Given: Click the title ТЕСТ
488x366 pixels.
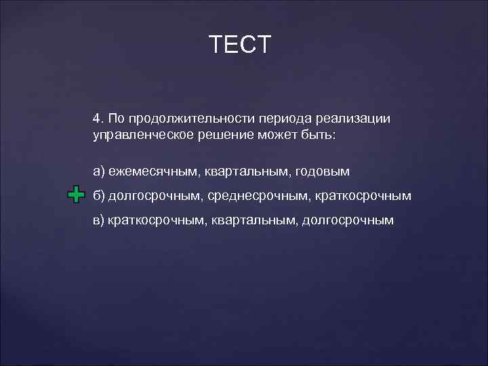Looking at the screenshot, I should coord(240,44).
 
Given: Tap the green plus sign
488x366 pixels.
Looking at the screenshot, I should coord(76,195).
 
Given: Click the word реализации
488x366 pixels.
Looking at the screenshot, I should coord(357,119).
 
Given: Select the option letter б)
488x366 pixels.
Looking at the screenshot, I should coord(98,196).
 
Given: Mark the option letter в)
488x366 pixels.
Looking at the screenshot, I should coord(98,220).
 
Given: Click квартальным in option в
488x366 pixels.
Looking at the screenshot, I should coord(253,220).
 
